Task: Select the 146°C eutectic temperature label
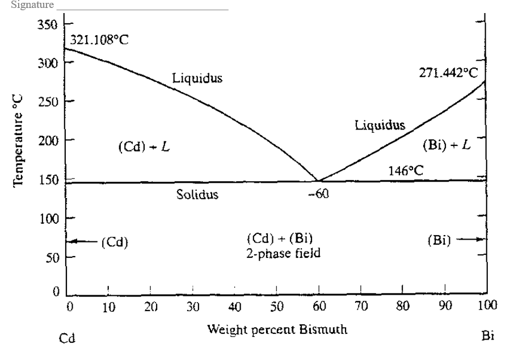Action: click(x=406, y=170)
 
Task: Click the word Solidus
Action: click(x=197, y=195)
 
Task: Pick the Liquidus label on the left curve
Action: click(x=197, y=78)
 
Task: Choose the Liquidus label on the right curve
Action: click(x=380, y=125)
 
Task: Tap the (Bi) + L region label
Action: click(x=447, y=144)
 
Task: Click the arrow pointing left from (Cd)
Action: click(x=82, y=242)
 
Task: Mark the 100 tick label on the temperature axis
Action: click(x=47, y=218)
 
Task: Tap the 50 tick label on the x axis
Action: click(x=276, y=307)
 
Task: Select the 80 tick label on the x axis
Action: click(x=402, y=307)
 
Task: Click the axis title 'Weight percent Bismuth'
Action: click(x=277, y=329)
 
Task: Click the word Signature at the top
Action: click(x=28, y=5)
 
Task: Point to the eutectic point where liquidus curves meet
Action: click(x=318, y=181)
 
